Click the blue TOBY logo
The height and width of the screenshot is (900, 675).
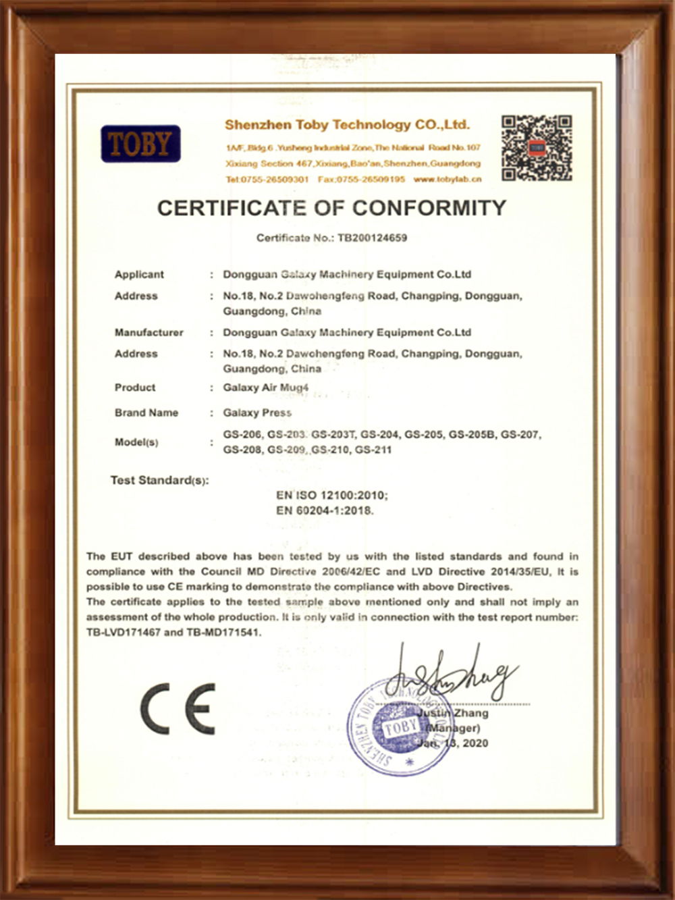point(140,144)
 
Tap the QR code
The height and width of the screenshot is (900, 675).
point(537,148)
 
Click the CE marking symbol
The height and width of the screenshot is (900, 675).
point(178,708)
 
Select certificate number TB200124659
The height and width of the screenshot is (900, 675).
point(372,238)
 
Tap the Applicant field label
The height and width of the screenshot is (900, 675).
point(139,274)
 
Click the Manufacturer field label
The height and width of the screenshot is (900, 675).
point(148,332)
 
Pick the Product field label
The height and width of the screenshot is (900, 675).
point(135,388)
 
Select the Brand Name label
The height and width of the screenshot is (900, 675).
point(146,413)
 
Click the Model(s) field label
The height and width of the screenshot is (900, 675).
point(136,442)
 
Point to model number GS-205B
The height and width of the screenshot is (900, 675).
point(472,435)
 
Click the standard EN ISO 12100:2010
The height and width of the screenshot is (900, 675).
point(331,496)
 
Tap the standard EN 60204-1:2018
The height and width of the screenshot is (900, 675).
point(325,510)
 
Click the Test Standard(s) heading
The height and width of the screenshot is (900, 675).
point(159,480)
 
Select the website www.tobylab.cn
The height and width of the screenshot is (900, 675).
point(448,180)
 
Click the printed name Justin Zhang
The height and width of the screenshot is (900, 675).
point(452,713)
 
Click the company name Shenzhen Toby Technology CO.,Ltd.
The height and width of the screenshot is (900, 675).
point(347,125)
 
